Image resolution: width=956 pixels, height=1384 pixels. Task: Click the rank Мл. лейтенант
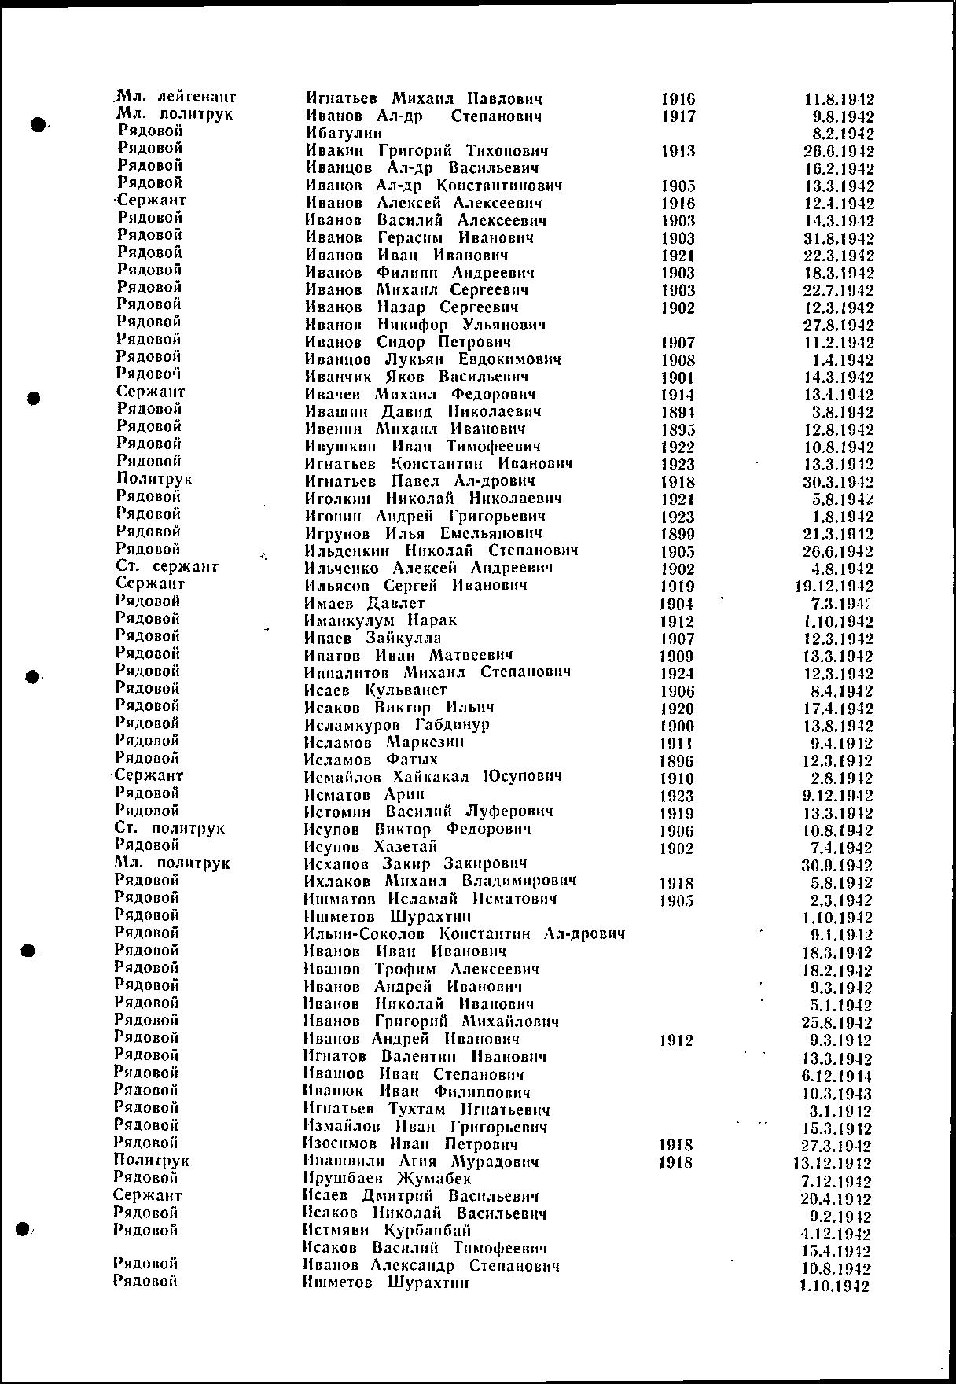[175, 98]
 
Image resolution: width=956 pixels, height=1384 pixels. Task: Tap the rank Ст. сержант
[167, 566]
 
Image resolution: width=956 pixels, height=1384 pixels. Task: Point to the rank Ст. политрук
[170, 828]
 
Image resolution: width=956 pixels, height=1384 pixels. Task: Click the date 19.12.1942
[834, 587]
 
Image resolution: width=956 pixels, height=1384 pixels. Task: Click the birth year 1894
[678, 412]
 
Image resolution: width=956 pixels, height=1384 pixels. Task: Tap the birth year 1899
[678, 535]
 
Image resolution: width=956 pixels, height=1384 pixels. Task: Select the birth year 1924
[678, 674]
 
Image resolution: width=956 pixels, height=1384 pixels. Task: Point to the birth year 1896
[678, 761]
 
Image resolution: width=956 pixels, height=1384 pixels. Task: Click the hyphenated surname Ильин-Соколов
[364, 934]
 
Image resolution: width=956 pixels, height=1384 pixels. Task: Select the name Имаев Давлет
[364, 603]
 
